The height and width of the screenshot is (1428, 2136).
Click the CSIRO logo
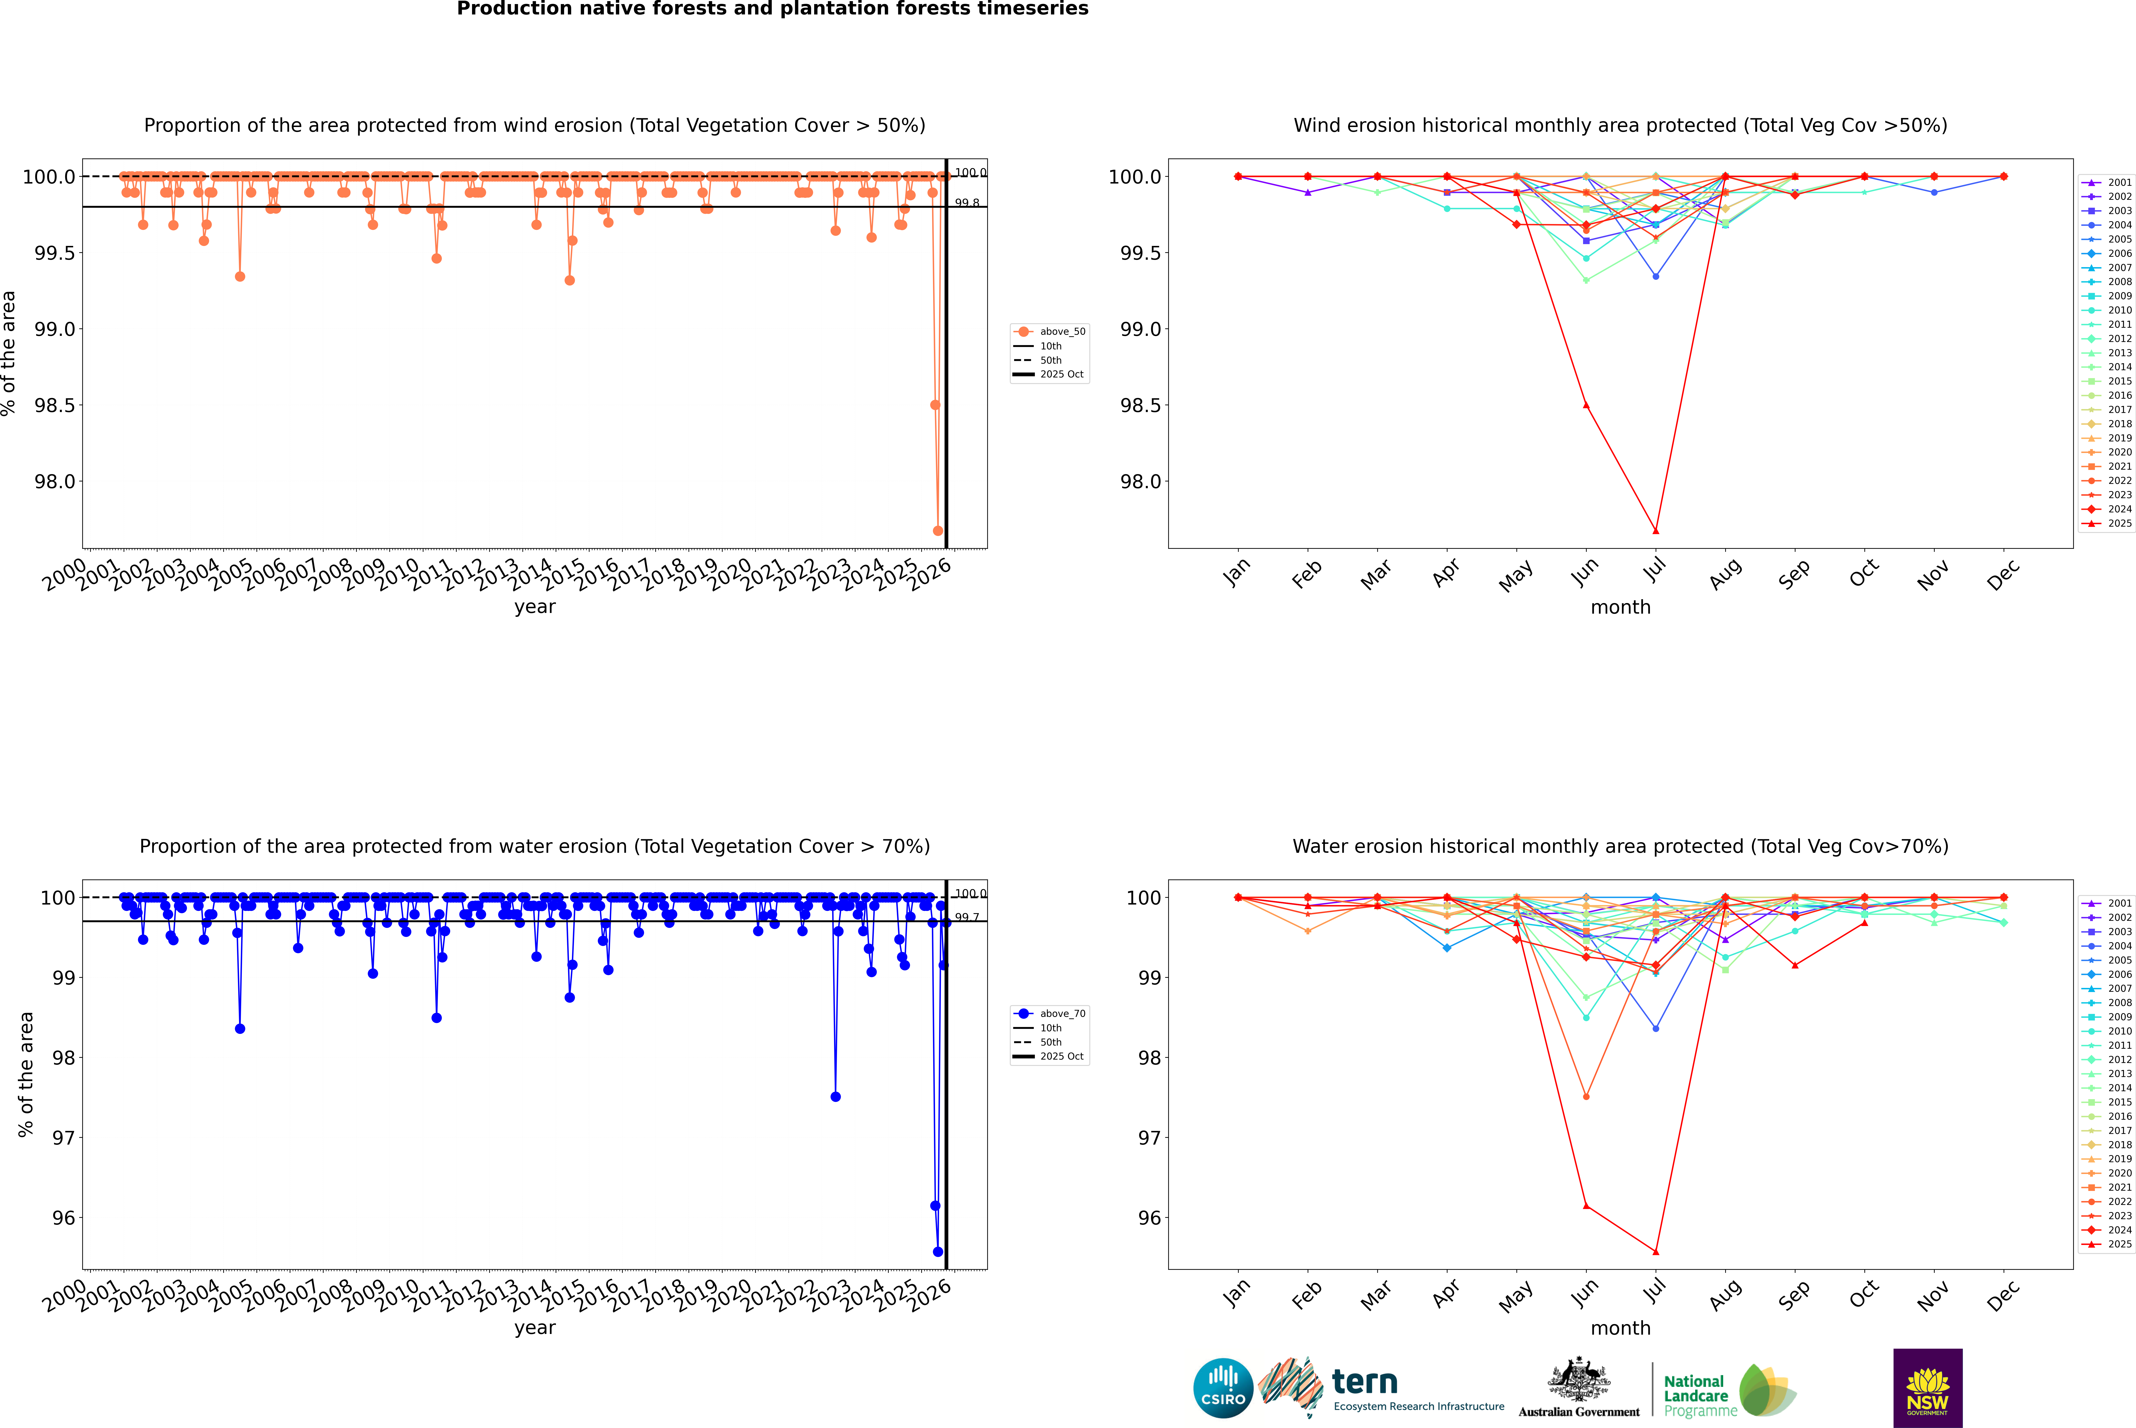pos(1223,1388)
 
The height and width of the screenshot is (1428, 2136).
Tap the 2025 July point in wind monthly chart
pos(1655,531)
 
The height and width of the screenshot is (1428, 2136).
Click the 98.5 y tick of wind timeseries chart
pos(55,405)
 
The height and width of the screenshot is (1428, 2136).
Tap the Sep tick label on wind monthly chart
pos(1794,575)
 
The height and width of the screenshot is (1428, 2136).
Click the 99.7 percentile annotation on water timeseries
pos(967,917)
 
